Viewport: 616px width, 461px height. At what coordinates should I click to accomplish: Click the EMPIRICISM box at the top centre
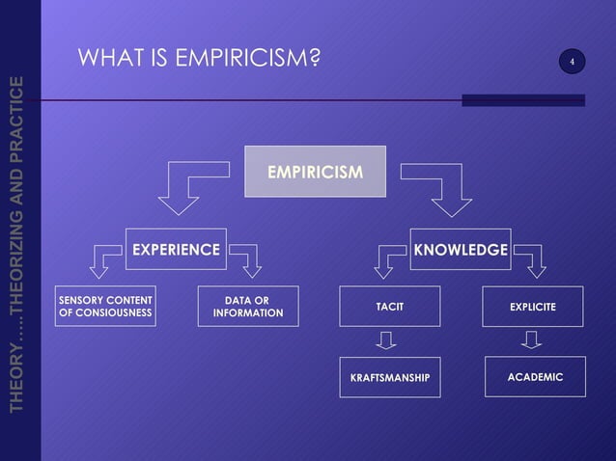tap(316, 172)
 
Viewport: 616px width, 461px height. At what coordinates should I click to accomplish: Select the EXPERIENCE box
tap(176, 250)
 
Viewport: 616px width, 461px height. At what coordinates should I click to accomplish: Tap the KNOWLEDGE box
tap(461, 250)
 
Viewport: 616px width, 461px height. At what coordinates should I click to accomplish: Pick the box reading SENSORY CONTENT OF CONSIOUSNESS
tap(105, 306)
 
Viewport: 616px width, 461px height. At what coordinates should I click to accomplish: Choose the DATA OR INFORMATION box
tap(248, 306)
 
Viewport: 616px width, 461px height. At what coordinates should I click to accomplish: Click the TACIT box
tap(389, 307)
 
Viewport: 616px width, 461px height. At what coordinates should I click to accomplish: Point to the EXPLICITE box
tap(533, 307)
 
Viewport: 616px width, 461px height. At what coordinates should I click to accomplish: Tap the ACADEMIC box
tap(535, 376)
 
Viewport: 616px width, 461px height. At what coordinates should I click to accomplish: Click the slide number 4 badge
tap(572, 63)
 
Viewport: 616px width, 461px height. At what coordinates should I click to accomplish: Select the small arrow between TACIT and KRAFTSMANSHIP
tap(387, 340)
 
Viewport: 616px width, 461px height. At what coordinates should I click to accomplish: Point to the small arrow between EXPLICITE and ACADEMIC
tap(532, 340)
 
